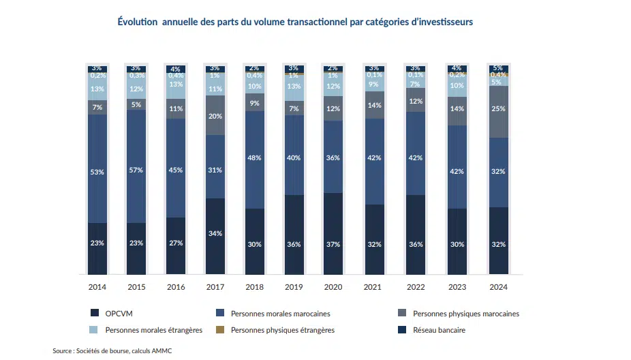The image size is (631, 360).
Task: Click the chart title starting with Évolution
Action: click(295, 22)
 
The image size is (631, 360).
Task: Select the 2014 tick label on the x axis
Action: click(97, 287)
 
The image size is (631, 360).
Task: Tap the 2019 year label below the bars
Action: click(294, 287)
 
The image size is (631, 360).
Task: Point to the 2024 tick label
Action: click(498, 287)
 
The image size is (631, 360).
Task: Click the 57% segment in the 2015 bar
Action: click(136, 170)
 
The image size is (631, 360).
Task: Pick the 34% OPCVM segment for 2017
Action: click(215, 234)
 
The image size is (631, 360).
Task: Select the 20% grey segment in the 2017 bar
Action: click(215, 116)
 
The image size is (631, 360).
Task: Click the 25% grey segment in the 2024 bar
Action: click(498, 109)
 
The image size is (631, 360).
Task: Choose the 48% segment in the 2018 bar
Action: click(255, 158)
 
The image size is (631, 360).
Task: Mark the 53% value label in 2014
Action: click(97, 172)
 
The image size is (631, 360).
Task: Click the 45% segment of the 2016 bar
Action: click(176, 170)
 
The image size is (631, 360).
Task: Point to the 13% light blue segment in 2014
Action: click(97, 89)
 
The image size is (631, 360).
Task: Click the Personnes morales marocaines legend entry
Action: click(268, 314)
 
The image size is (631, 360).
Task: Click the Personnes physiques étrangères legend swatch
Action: click(220, 330)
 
